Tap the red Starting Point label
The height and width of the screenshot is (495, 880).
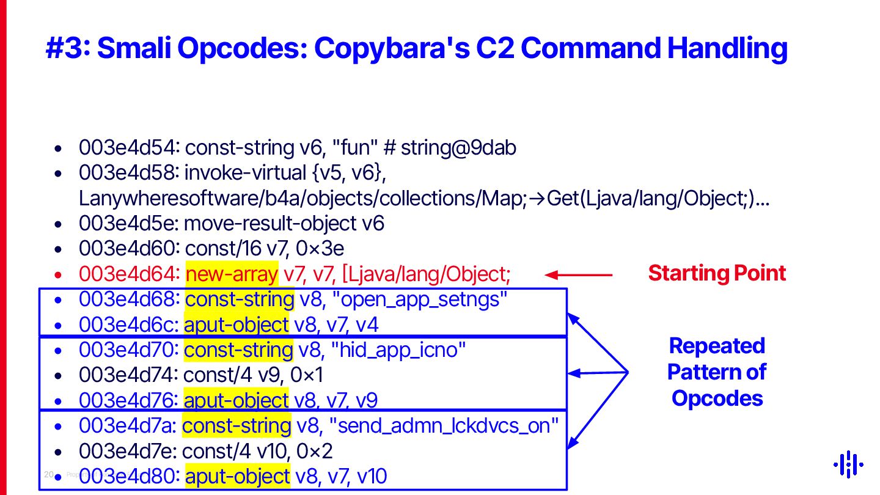click(x=717, y=273)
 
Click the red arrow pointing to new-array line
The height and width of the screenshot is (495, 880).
click(x=577, y=275)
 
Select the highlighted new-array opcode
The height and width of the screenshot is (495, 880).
click(x=232, y=275)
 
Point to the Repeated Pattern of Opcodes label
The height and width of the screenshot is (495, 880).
click(x=717, y=372)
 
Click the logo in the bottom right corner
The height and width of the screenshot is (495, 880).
click(x=848, y=465)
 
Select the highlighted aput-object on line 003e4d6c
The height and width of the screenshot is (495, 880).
click(x=236, y=324)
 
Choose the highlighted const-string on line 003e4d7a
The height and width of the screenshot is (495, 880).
click(x=237, y=426)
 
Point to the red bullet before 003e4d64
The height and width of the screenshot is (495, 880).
click(x=57, y=276)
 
